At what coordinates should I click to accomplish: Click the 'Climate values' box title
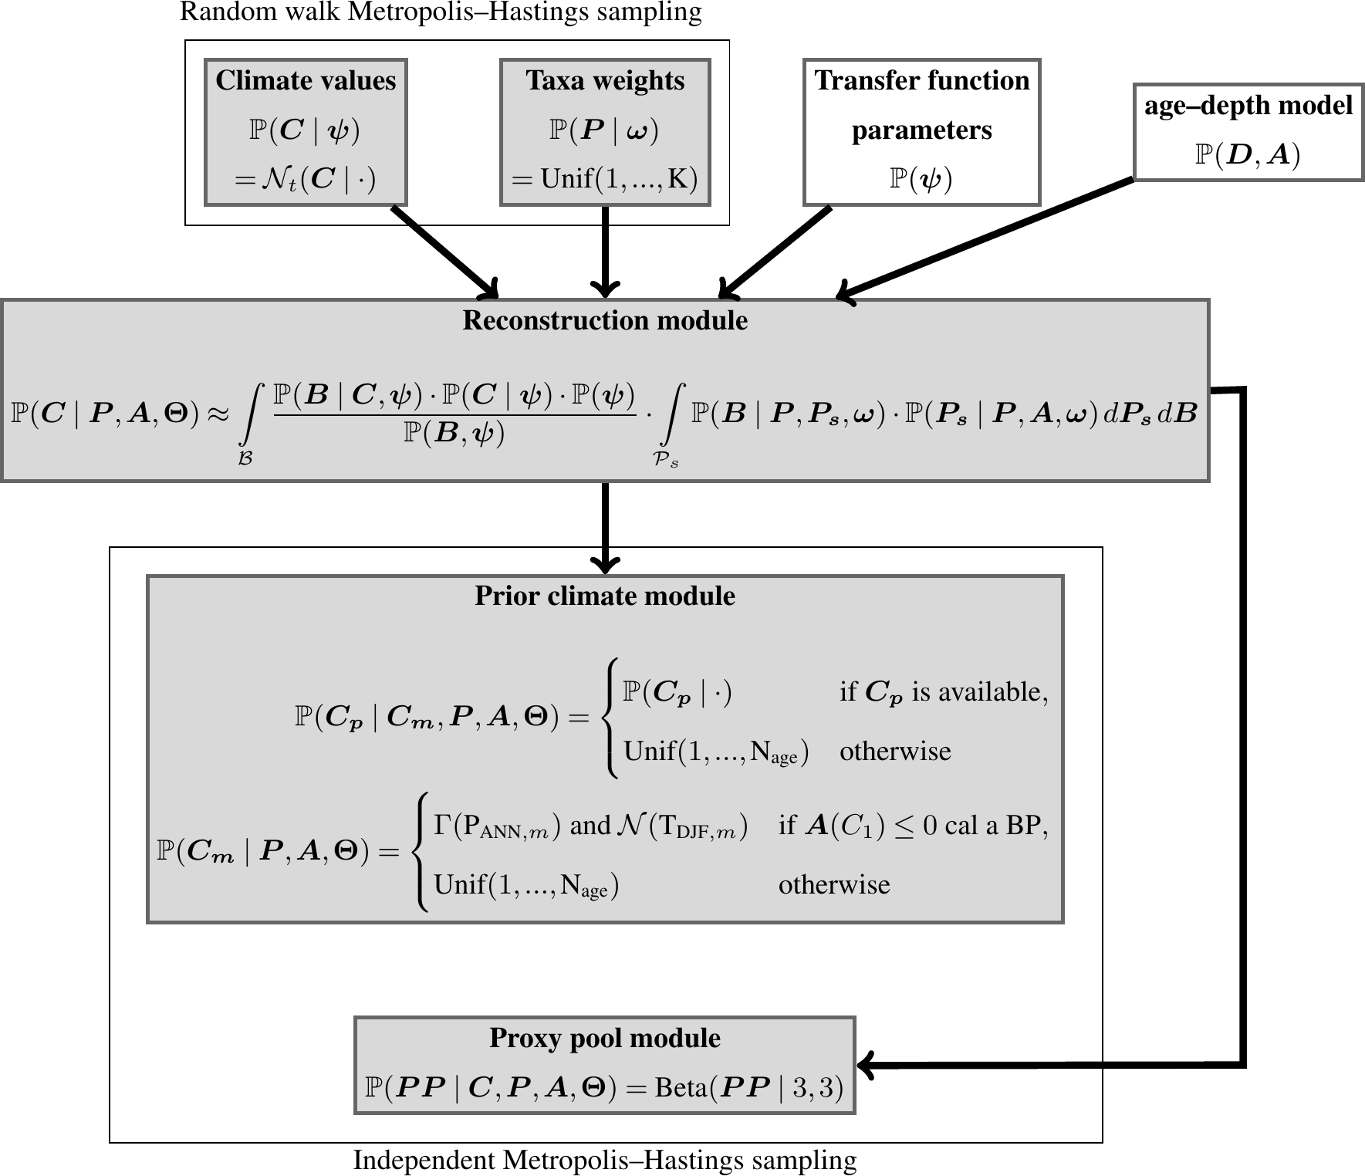click(306, 81)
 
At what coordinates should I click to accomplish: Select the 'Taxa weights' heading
click(605, 81)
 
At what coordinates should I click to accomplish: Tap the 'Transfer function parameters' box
click(921, 132)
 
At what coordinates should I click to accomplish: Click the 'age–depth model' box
click(1248, 132)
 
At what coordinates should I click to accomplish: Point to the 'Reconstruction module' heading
click(605, 321)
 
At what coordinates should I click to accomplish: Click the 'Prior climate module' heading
click(605, 596)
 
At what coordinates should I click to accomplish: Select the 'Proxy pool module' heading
click(605, 1039)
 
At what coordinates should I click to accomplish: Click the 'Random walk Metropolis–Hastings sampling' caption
click(441, 12)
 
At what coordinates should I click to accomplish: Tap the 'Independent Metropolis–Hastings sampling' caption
click(605, 1161)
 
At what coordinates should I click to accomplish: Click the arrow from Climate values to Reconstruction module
click(444, 250)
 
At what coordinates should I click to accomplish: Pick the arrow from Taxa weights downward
click(605, 251)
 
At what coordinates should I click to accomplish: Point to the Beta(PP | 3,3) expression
click(748, 1087)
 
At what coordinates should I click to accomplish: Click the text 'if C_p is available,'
click(944, 692)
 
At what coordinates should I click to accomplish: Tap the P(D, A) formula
click(1248, 155)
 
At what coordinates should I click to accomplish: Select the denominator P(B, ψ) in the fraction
click(454, 433)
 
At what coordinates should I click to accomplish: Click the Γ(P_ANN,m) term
click(496, 826)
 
